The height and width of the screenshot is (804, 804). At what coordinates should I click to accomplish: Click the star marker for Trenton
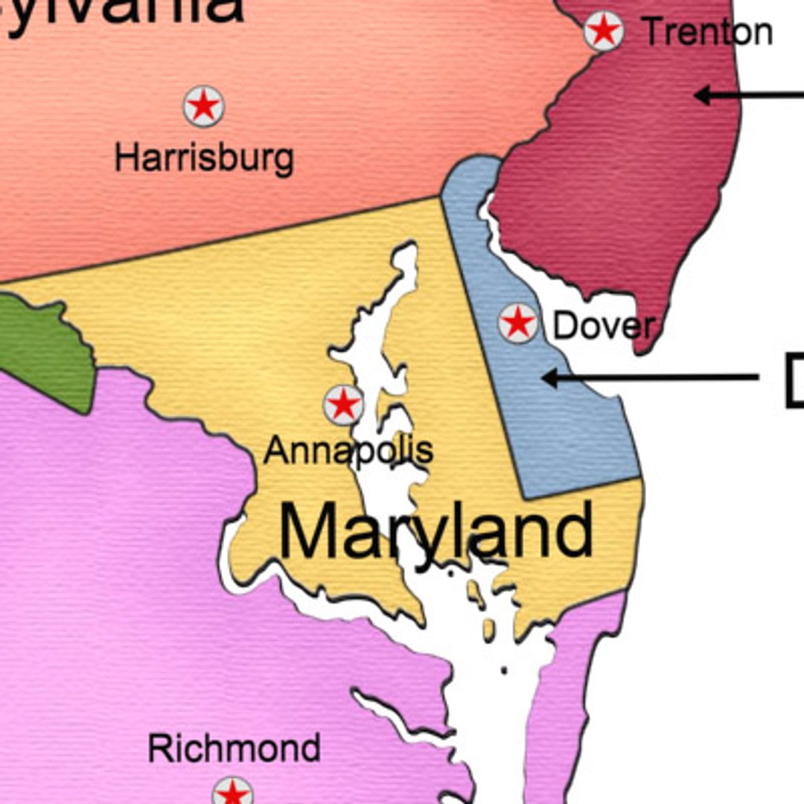603,31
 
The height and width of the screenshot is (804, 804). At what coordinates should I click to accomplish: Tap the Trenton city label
707,32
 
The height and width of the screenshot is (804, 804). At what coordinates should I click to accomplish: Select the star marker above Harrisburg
204,106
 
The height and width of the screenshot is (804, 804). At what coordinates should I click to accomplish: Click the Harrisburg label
204,158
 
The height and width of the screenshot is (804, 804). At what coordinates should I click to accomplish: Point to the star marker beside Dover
518,323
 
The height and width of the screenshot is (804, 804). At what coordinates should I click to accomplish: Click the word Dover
604,325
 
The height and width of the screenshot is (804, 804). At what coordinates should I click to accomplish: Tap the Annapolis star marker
344,405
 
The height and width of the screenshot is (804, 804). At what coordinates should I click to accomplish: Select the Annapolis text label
348,450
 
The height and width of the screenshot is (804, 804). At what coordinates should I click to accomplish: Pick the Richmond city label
234,747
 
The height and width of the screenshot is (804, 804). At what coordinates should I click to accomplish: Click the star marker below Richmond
232,794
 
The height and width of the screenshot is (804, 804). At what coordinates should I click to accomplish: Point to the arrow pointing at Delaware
648,378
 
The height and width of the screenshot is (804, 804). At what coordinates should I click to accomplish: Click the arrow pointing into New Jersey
744,95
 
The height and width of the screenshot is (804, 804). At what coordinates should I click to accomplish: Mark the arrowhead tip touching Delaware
543,378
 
